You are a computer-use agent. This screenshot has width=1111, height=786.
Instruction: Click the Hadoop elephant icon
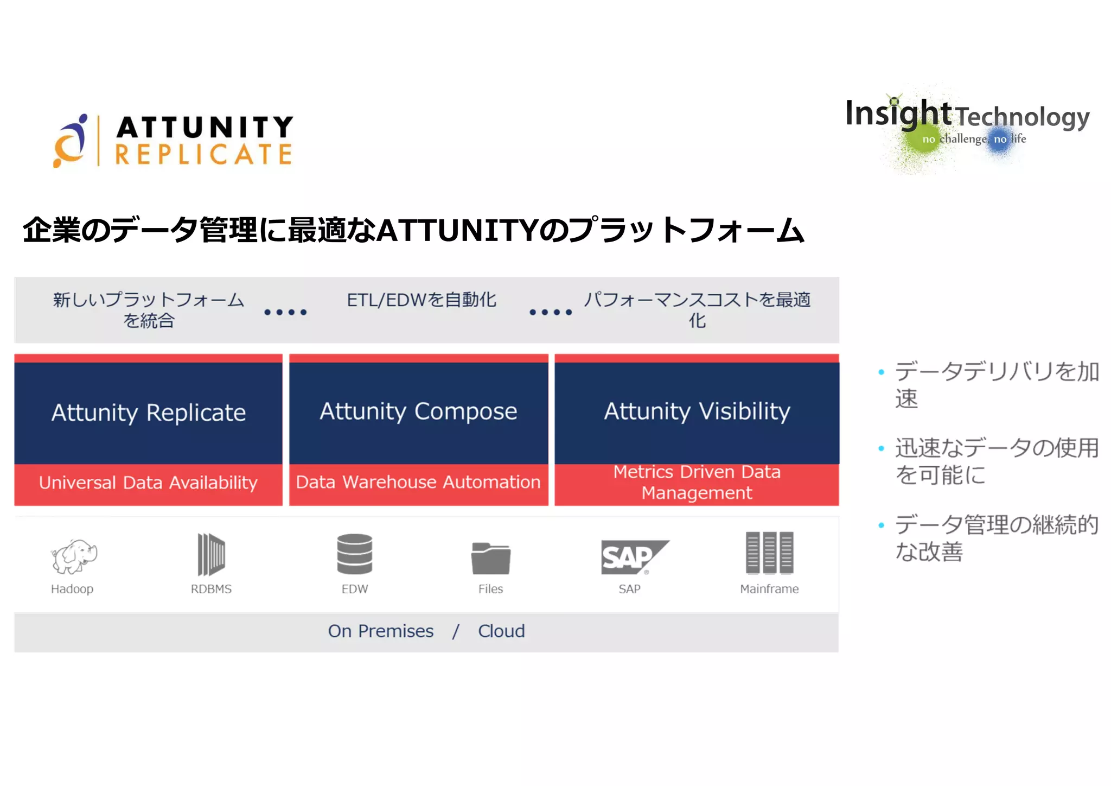click(x=74, y=556)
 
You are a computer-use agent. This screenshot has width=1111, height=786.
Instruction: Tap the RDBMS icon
click(x=211, y=554)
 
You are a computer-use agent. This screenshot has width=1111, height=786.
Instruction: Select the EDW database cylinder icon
click(x=355, y=554)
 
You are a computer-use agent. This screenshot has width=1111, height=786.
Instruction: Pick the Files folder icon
click(x=490, y=558)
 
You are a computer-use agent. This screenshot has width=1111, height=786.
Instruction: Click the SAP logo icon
click(x=633, y=557)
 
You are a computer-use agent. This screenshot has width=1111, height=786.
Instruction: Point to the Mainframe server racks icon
click(x=769, y=553)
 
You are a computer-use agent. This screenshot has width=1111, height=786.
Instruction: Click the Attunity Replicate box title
click(x=149, y=413)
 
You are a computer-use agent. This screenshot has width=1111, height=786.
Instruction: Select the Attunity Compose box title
click(x=418, y=411)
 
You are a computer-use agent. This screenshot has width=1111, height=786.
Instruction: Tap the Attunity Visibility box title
click(x=697, y=411)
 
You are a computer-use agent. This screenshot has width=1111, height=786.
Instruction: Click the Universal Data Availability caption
click(x=148, y=483)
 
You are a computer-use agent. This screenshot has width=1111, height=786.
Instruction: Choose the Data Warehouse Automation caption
click(x=418, y=482)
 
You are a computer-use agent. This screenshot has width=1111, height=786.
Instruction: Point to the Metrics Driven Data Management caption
click(x=697, y=482)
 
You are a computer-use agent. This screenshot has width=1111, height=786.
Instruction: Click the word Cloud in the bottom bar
click(x=501, y=631)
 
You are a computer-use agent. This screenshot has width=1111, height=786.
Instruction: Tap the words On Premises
click(x=381, y=631)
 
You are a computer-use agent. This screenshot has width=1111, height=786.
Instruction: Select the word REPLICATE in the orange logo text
click(x=204, y=154)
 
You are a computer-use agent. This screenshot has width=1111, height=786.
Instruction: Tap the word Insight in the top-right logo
click(x=898, y=113)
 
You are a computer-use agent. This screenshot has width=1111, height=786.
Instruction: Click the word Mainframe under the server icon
click(x=769, y=589)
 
